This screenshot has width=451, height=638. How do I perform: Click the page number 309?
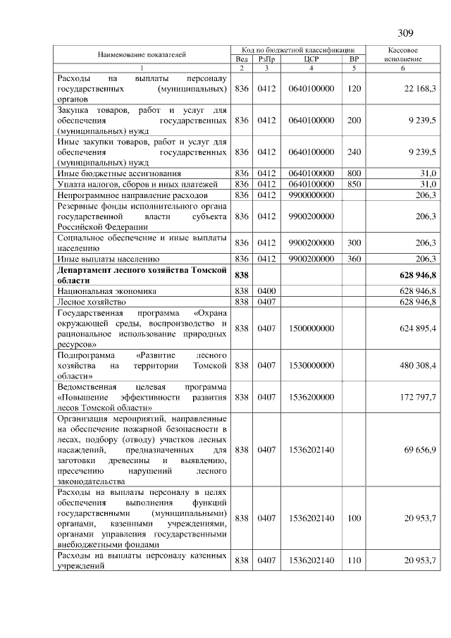click(x=404, y=33)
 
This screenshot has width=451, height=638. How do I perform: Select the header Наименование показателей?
click(x=142, y=54)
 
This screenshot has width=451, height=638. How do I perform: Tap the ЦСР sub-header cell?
click(x=311, y=60)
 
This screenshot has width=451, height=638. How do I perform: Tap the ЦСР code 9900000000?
click(x=311, y=194)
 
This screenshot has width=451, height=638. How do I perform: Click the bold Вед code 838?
click(x=242, y=274)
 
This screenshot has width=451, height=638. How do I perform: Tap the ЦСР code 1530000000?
click(x=311, y=365)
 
